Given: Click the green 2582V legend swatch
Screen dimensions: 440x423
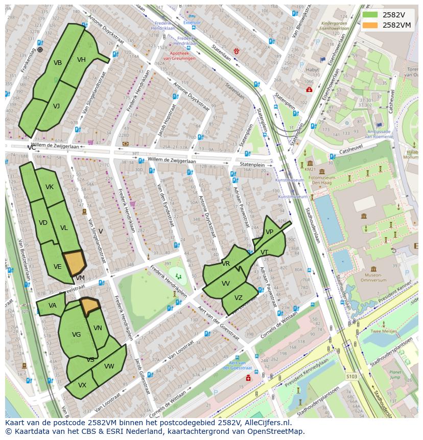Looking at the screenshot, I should click(x=370, y=14).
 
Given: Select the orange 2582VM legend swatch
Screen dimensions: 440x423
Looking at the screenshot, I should click(x=370, y=25).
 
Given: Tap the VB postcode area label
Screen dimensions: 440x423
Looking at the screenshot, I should click(x=58, y=63).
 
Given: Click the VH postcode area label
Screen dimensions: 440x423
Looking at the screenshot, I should click(x=81, y=60).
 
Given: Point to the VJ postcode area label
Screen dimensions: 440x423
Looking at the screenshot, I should click(x=56, y=106).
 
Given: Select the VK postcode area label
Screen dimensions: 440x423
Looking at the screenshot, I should click(x=49, y=187).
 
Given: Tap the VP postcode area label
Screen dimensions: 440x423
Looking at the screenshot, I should click(x=269, y=232).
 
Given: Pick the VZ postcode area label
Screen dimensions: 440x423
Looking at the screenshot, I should click(x=239, y=298).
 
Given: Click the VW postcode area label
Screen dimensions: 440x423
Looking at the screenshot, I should click(x=109, y=366).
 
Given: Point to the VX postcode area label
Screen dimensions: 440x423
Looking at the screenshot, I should click(x=82, y=385).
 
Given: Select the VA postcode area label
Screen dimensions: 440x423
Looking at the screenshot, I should click(x=52, y=306).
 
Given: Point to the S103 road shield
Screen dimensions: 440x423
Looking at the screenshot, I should click(x=351, y=377).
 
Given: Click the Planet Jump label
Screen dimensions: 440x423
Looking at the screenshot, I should click(x=395, y=375).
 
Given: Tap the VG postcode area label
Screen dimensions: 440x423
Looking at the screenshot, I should click(x=76, y=335).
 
